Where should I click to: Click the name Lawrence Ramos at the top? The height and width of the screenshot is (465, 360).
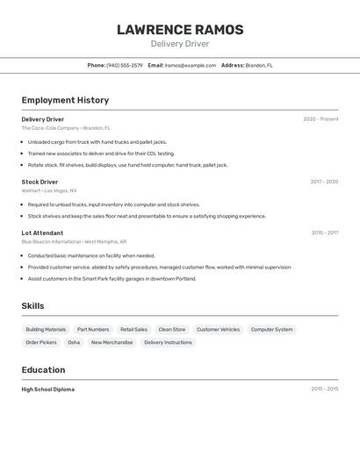pyautogui.click(x=180, y=30)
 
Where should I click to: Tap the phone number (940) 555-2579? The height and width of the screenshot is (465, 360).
pyautogui.click(x=125, y=65)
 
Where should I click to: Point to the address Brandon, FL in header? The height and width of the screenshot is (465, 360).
pyautogui.click(x=259, y=65)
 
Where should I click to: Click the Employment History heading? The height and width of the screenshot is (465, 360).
pyautogui.click(x=65, y=100)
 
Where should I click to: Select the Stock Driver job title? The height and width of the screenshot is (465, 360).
pyautogui.click(x=40, y=182)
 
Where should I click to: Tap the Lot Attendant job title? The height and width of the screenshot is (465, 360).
pyautogui.click(x=42, y=232)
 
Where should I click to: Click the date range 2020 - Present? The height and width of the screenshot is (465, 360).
pyautogui.click(x=320, y=119)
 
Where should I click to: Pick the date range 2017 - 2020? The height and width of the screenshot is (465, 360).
pyautogui.click(x=324, y=182)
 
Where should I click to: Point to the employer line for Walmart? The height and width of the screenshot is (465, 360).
pyautogui.click(x=49, y=190)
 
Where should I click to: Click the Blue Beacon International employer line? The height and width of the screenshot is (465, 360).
pyautogui.click(x=74, y=241)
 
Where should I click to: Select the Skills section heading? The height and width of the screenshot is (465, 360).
pyautogui.click(x=33, y=305)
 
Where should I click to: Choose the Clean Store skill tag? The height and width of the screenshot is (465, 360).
pyautogui.click(x=172, y=330)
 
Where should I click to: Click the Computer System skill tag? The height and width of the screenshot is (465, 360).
pyautogui.click(x=272, y=330)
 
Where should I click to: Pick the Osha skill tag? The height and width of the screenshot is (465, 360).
pyautogui.click(x=74, y=342)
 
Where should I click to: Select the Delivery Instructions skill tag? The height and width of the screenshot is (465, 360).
pyautogui.click(x=168, y=342)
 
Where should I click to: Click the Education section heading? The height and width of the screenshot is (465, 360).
pyautogui.click(x=43, y=369)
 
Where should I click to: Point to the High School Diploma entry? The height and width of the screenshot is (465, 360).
pyautogui.click(x=48, y=389)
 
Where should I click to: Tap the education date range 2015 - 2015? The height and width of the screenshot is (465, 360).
pyautogui.click(x=324, y=389)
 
